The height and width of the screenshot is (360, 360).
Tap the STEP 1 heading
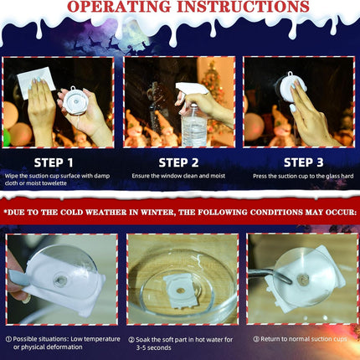pos(54,162)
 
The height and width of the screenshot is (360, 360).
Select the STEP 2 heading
pos(178,162)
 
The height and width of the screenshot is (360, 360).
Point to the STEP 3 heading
pos(304,162)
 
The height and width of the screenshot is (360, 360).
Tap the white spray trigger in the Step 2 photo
pos(191,90)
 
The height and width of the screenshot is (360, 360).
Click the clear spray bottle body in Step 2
pos(194,126)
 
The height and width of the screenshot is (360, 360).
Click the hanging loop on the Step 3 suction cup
pos(290,75)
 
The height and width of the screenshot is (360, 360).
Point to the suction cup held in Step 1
pos(75,100)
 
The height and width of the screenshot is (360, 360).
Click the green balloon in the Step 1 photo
pos(6,137)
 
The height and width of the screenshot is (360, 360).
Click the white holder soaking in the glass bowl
pos(179,291)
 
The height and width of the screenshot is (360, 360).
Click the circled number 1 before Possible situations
pos(8,339)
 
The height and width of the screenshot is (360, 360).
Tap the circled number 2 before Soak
pos(131,340)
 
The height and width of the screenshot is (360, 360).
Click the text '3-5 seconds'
pos(153,347)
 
